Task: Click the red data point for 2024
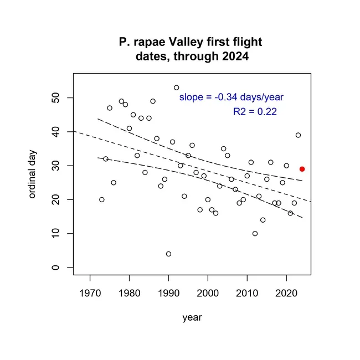coord(302,169)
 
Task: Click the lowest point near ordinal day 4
coord(168,254)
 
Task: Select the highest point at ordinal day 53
coord(176,88)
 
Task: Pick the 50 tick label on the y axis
coord(55,98)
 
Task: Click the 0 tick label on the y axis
coord(55,268)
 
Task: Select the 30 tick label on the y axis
coord(55,166)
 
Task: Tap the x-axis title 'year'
coord(192,317)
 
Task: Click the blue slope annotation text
coord(231,97)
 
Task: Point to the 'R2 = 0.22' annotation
coord(255,112)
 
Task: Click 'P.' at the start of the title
coord(125,42)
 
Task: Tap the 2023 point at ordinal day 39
coord(298,135)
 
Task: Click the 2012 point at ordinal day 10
coord(255,234)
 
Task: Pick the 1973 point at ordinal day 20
coord(102,199)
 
